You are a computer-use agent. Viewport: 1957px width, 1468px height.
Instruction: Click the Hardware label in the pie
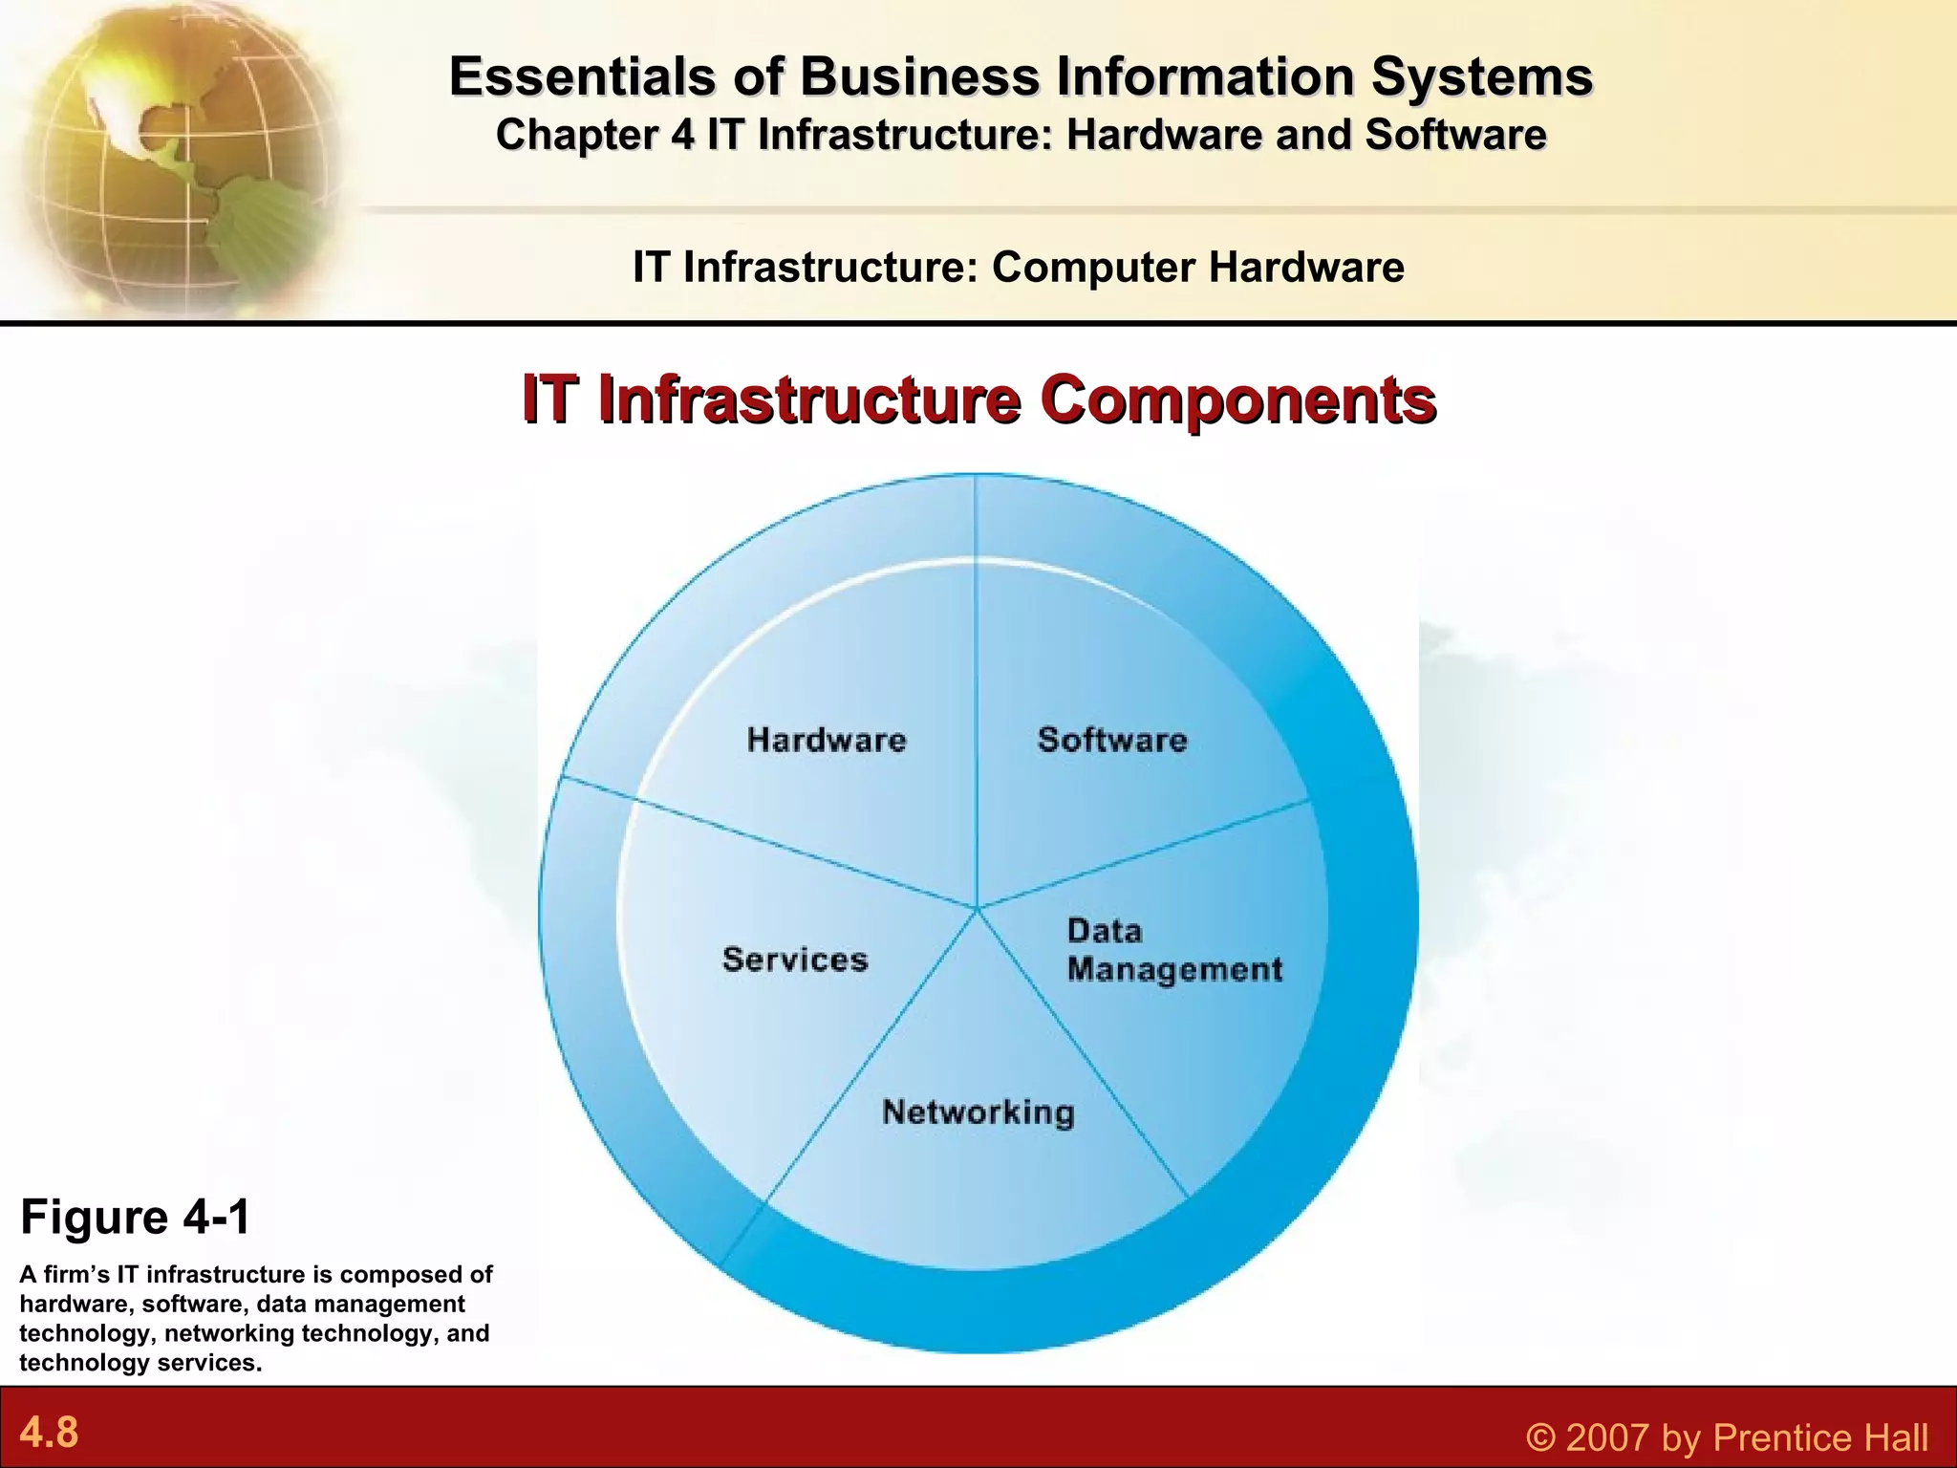(827, 740)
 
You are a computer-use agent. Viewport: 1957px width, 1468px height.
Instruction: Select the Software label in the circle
(1112, 740)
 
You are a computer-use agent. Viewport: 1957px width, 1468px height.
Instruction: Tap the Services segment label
(795, 960)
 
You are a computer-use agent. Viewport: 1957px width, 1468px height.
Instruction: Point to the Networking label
(978, 1112)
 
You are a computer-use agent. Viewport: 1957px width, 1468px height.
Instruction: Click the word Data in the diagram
(1104, 931)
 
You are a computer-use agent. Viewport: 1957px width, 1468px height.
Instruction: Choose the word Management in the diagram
(1174, 970)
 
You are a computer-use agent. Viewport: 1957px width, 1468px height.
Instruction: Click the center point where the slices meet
(977, 908)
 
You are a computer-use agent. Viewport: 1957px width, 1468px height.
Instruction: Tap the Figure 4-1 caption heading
(136, 1218)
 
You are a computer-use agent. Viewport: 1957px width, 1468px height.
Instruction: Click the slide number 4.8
(49, 1433)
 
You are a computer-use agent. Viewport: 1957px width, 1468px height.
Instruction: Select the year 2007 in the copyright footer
(1610, 1437)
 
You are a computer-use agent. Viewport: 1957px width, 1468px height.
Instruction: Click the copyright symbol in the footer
(1539, 1437)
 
